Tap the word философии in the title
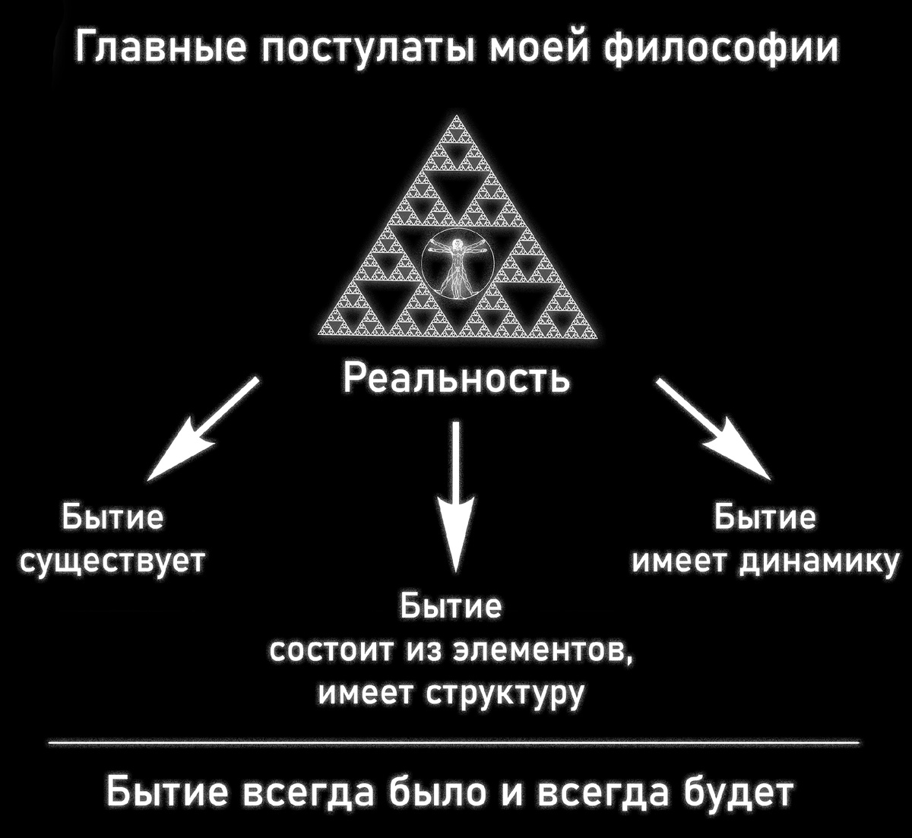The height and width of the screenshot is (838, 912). coord(721,49)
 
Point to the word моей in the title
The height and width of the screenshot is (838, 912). coord(537,49)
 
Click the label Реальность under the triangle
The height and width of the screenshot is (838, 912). coord(455,378)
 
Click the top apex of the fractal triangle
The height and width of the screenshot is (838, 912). coord(457,118)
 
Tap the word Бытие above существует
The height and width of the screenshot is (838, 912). coord(112,518)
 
